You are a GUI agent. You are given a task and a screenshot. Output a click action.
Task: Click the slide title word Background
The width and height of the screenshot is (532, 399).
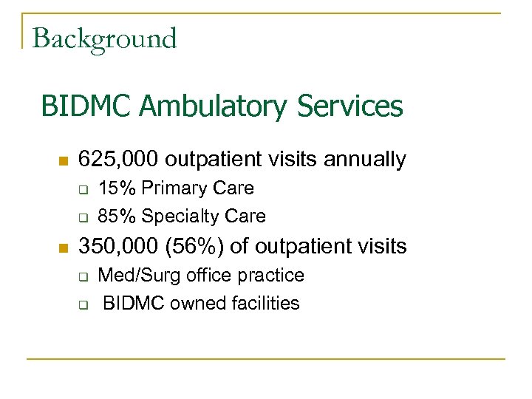tap(104, 38)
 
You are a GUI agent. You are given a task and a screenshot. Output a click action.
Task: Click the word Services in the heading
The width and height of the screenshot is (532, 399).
tap(350, 106)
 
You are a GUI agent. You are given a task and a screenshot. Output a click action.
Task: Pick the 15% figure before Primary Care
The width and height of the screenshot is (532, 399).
tap(117, 188)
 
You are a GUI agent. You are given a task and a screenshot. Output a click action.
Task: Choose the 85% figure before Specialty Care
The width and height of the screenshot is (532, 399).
tap(117, 216)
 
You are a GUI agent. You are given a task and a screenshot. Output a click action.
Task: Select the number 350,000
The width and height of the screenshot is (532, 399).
tap(118, 245)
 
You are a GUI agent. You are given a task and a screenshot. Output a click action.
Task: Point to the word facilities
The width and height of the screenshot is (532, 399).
tap(266, 303)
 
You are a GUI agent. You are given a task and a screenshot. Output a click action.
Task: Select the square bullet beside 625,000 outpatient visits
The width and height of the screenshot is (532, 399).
tap(63, 160)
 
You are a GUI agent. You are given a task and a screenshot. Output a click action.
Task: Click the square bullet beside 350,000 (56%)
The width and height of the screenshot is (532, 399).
tap(63, 246)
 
